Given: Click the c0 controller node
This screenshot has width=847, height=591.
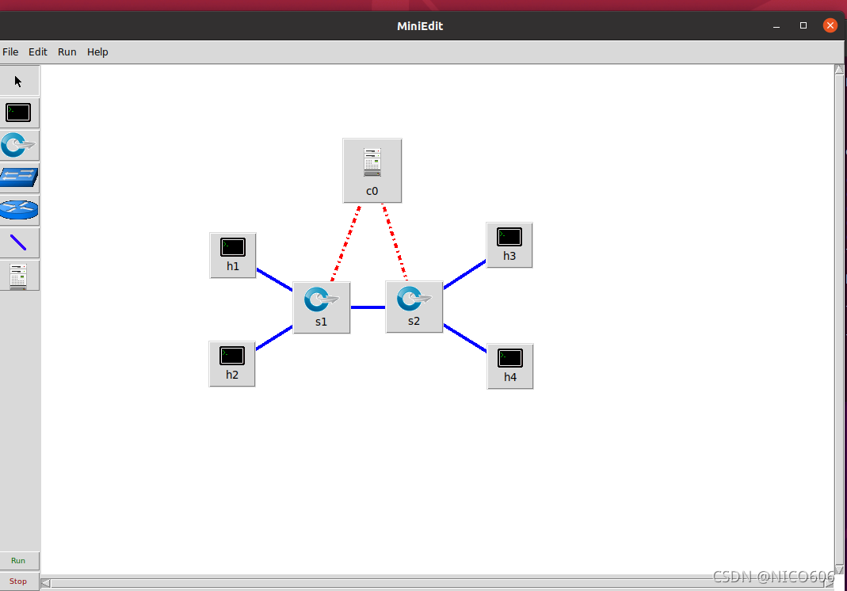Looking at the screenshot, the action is [x=372, y=170].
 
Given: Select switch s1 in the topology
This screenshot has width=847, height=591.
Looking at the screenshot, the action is [x=321, y=307].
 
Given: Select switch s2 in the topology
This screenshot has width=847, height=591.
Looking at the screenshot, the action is [x=414, y=306].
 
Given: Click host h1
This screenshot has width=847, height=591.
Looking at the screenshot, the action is [x=232, y=254].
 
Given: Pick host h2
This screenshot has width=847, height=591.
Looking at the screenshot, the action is [x=232, y=363].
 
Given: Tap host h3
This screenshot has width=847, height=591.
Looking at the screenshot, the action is [x=509, y=244].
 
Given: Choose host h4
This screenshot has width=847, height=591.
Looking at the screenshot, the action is [x=509, y=365].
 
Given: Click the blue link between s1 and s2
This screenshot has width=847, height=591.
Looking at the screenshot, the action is [x=368, y=307].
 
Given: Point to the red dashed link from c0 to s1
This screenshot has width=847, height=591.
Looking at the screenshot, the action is [x=346, y=242].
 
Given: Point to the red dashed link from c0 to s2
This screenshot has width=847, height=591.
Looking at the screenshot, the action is [x=395, y=242].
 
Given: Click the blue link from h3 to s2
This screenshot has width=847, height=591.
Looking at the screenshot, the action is [x=464, y=274].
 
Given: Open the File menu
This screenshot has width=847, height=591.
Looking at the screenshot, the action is [x=10, y=52].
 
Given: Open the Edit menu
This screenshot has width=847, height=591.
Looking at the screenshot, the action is [x=38, y=52].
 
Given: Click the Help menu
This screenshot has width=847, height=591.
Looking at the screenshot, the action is [x=97, y=52].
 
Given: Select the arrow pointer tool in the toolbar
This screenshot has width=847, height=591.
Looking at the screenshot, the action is [x=18, y=81].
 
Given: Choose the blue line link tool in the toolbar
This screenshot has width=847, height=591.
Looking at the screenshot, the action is [x=18, y=242].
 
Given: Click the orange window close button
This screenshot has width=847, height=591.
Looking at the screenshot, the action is [x=830, y=25].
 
